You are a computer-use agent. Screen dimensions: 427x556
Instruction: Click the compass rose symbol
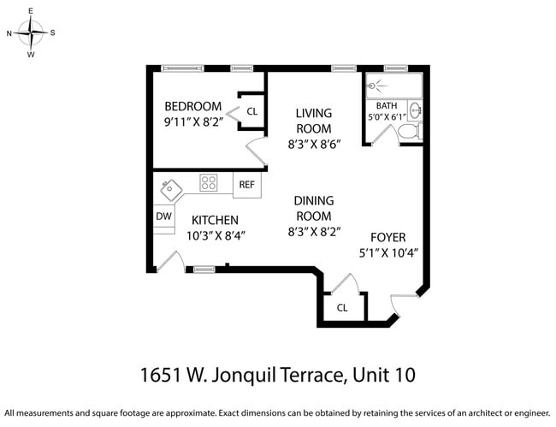pos(32,33)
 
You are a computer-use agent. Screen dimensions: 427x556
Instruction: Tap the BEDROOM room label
pos(192,106)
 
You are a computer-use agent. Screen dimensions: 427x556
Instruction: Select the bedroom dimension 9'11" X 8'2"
pos(192,122)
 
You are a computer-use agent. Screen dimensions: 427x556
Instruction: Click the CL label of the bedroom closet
pos(252,111)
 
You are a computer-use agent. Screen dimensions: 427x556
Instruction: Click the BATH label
pos(387,106)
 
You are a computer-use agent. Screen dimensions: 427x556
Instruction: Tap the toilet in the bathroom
pos(409,131)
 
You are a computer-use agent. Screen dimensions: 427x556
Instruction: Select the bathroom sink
pos(415,110)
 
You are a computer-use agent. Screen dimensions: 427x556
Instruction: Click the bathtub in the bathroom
pos(393,86)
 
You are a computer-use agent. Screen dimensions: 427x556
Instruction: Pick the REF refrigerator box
pos(246,184)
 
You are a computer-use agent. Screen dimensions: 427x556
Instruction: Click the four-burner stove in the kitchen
pos(209,182)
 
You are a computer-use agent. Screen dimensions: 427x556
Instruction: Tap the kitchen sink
pos(170,187)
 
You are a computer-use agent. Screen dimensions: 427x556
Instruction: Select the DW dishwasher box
pos(163,216)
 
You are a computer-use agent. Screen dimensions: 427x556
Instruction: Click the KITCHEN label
pos(215,220)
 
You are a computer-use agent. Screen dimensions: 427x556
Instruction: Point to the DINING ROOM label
pos(314,208)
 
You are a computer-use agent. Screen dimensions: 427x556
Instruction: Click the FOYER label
pos(387,237)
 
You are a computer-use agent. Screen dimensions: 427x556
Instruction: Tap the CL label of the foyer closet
pos(342,307)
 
